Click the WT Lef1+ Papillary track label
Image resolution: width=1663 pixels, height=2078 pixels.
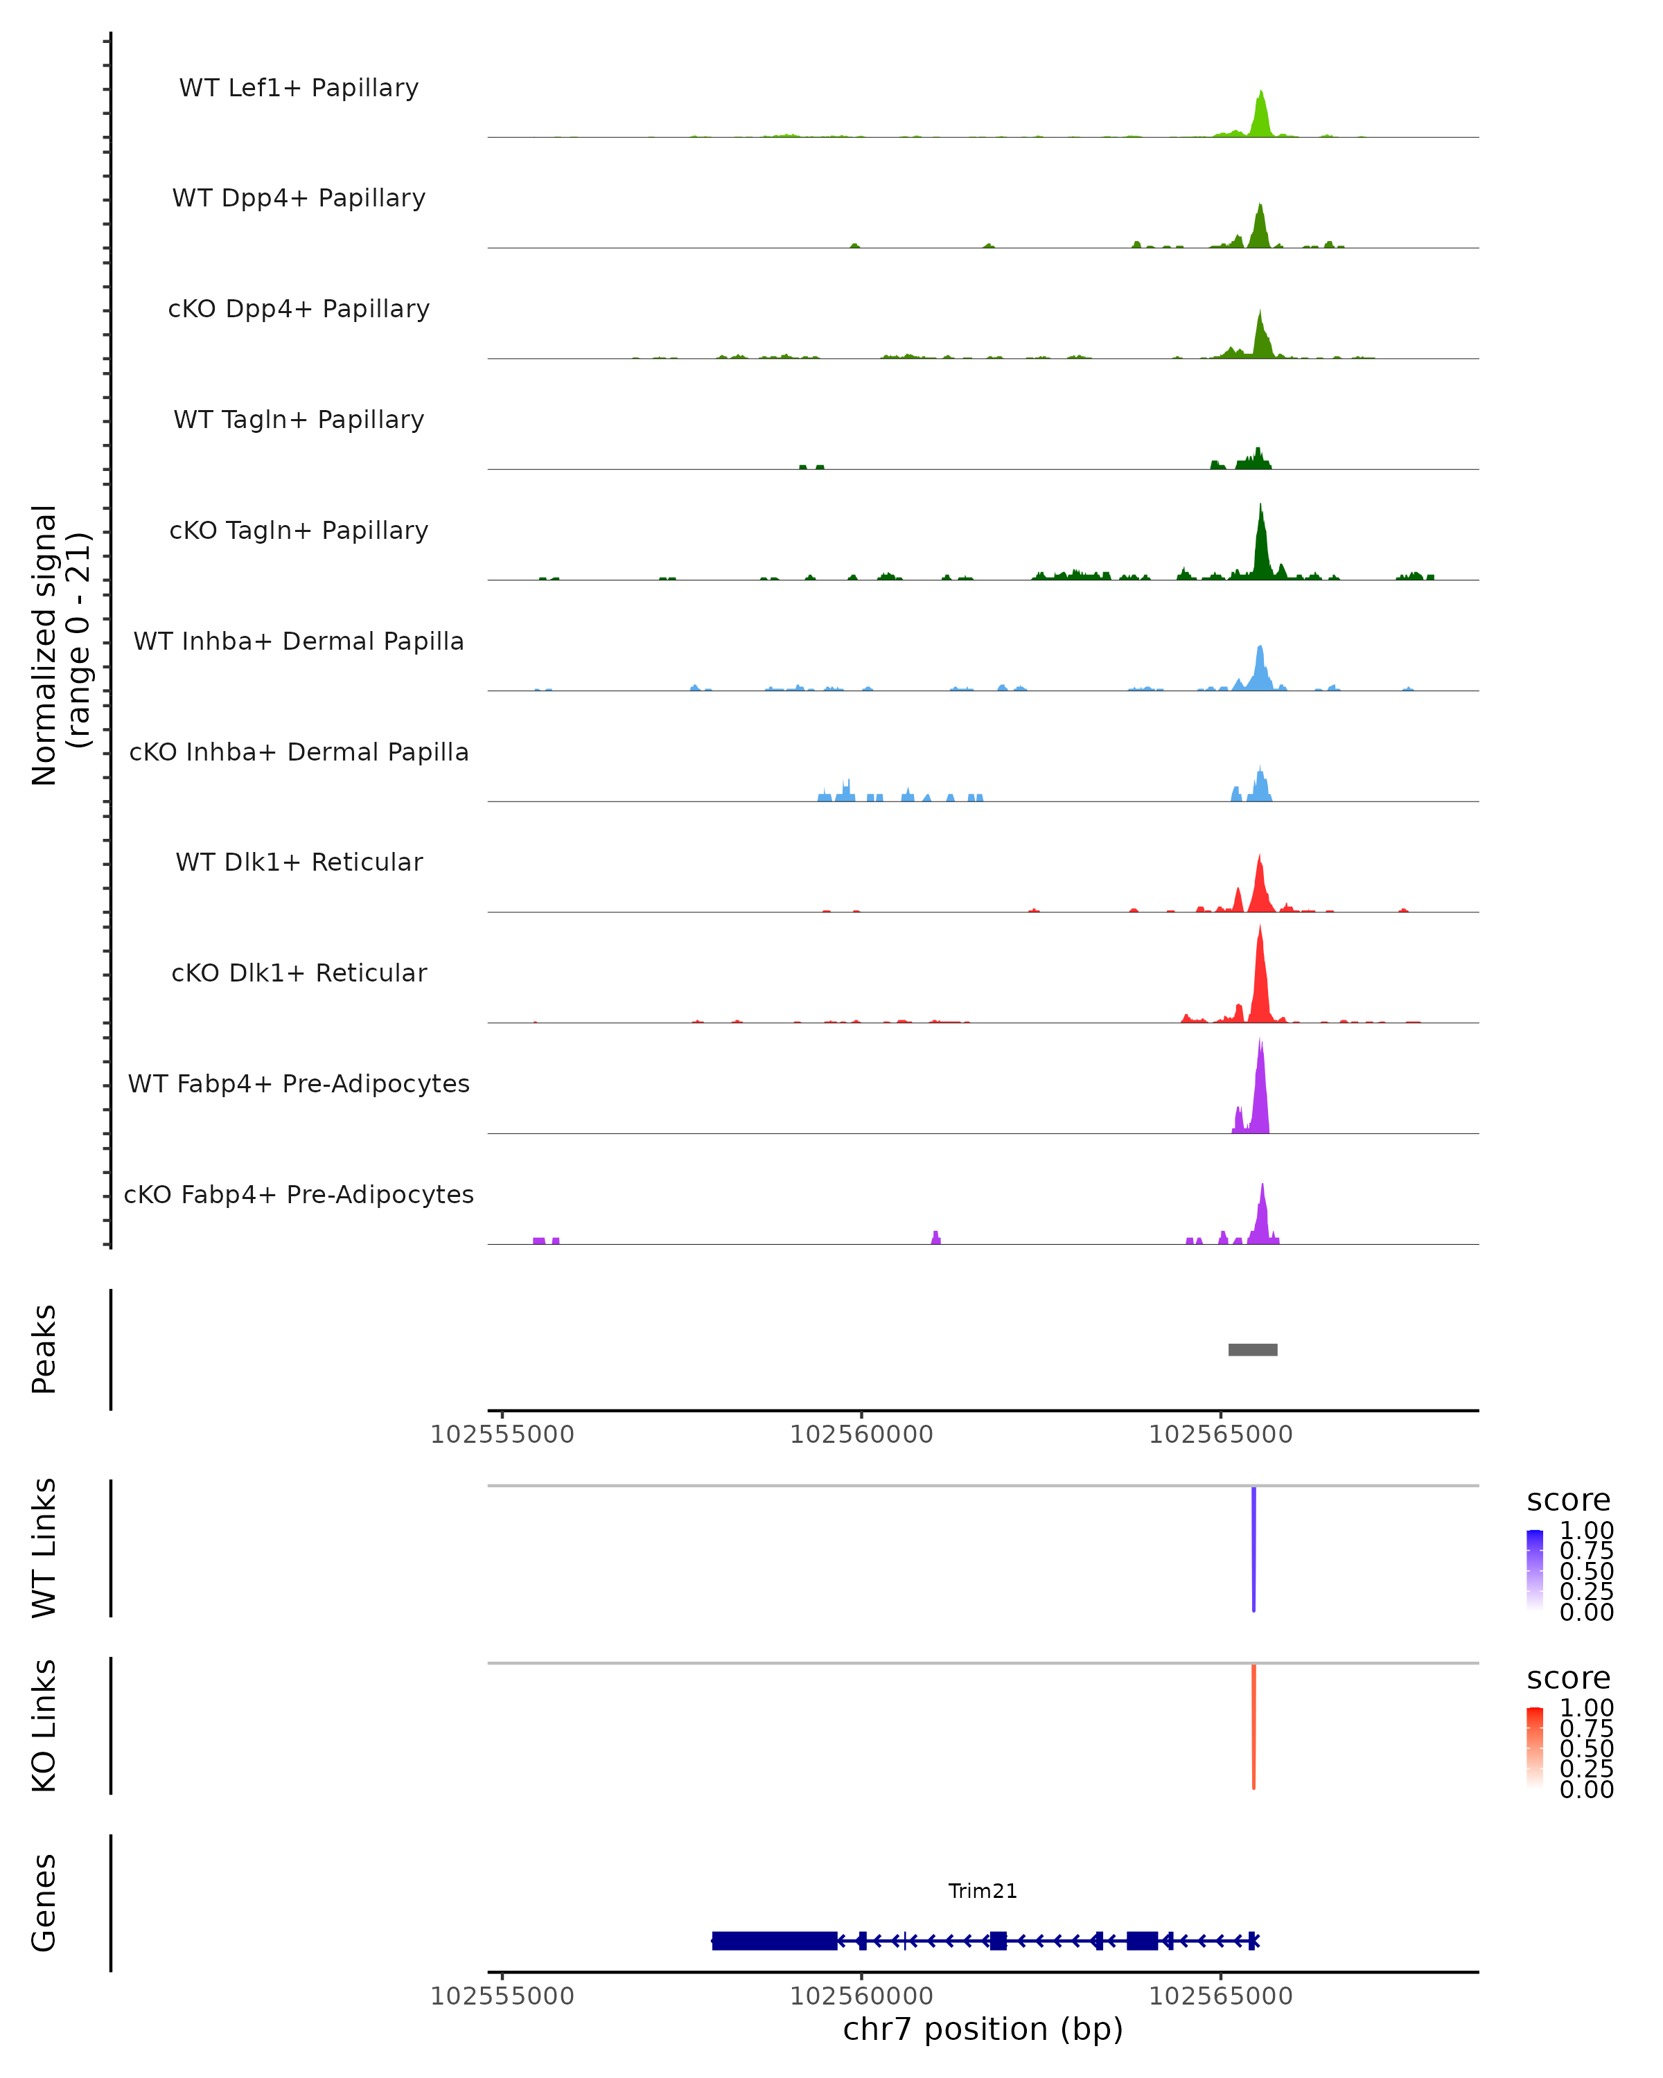(x=299, y=88)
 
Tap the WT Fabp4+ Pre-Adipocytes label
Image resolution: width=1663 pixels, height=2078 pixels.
(x=299, y=1083)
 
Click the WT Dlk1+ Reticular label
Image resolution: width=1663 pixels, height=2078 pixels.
(x=299, y=862)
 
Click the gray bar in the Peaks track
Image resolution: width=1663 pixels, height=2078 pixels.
(x=1252, y=1349)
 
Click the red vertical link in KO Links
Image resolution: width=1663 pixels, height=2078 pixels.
(x=1253, y=1725)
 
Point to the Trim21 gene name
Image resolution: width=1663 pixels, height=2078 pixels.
(x=983, y=1891)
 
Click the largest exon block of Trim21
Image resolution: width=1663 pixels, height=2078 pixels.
(x=774, y=1941)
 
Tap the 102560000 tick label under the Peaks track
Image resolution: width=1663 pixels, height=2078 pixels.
(x=861, y=1435)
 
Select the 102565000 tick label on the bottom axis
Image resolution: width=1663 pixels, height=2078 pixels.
(x=1220, y=1996)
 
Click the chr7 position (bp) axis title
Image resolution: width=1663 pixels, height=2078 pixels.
(x=983, y=2030)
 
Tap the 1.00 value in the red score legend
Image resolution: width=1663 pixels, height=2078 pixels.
(x=1586, y=1708)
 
